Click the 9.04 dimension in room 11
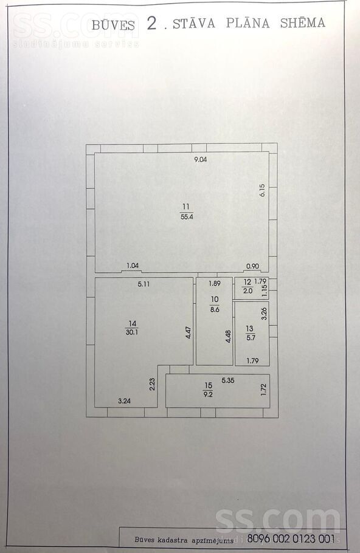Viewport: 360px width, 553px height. [x=201, y=159]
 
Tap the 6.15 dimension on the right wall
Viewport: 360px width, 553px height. [x=262, y=190]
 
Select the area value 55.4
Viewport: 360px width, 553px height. [x=187, y=217]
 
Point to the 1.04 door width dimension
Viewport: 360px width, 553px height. [x=133, y=266]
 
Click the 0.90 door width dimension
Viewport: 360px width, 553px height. [x=252, y=266]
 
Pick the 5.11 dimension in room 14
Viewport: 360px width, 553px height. [x=144, y=284]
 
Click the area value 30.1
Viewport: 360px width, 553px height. [x=131, y=332]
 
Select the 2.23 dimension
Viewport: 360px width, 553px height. [x=152, y=384]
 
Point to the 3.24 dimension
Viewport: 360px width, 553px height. [x=124, y=400]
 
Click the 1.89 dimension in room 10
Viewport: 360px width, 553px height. [x=215, y=283]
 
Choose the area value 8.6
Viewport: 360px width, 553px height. [x=215, y=309]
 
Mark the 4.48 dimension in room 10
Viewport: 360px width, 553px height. [x=229, y=336]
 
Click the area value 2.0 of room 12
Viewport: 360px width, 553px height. [x=247, y=291]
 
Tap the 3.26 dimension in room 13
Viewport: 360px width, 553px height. [x=263, y=314]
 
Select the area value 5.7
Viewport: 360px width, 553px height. [x=250, y=337]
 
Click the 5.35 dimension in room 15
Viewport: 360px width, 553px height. [x=228, y=380]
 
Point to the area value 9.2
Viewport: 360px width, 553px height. [x=208, y=394]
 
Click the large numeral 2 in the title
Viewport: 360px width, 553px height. [x=152, y=23]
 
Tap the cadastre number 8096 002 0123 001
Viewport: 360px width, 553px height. [x=291, y=538]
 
